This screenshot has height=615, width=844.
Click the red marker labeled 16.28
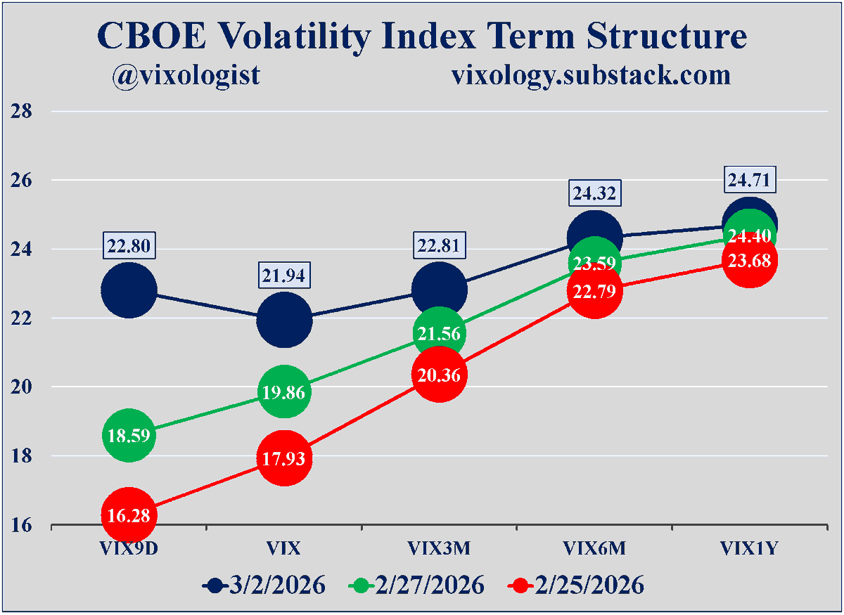128,515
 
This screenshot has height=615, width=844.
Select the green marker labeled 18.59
128,436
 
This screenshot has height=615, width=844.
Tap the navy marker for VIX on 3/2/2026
283,320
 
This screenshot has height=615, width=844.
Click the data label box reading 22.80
128,246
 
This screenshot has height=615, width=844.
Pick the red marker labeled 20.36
439,375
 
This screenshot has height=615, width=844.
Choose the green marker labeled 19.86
283,392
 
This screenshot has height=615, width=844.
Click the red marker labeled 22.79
594,290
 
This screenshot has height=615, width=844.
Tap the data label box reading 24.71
750,181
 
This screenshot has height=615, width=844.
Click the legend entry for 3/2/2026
264,585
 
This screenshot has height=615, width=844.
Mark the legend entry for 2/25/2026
577,585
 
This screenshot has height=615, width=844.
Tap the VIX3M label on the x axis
439,549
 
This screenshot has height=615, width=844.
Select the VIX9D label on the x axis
128,549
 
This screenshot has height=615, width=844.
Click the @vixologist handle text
186,75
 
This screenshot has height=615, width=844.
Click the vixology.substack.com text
591,75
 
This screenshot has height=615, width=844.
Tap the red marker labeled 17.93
283,459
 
